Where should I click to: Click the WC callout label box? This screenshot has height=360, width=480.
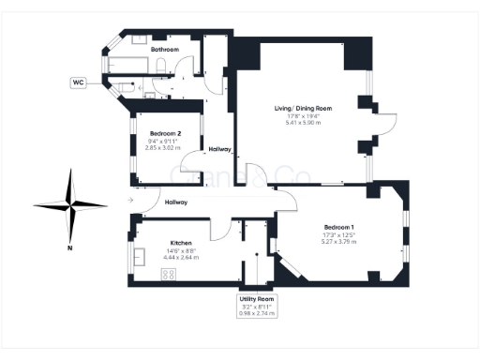point(79,82)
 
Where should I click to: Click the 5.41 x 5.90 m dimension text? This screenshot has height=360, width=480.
point(303,123)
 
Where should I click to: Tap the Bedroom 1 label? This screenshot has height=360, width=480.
point(339,228)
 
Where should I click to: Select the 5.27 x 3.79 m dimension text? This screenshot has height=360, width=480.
point(339,242)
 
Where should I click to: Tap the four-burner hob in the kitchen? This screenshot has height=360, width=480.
point(170,275)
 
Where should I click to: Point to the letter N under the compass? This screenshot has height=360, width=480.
point(70,247)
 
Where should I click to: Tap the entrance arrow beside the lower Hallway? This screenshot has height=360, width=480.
point(130,201)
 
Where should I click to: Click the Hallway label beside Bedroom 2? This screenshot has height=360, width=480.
point(220,149)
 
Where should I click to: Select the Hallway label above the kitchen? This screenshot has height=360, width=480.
point(176,202)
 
